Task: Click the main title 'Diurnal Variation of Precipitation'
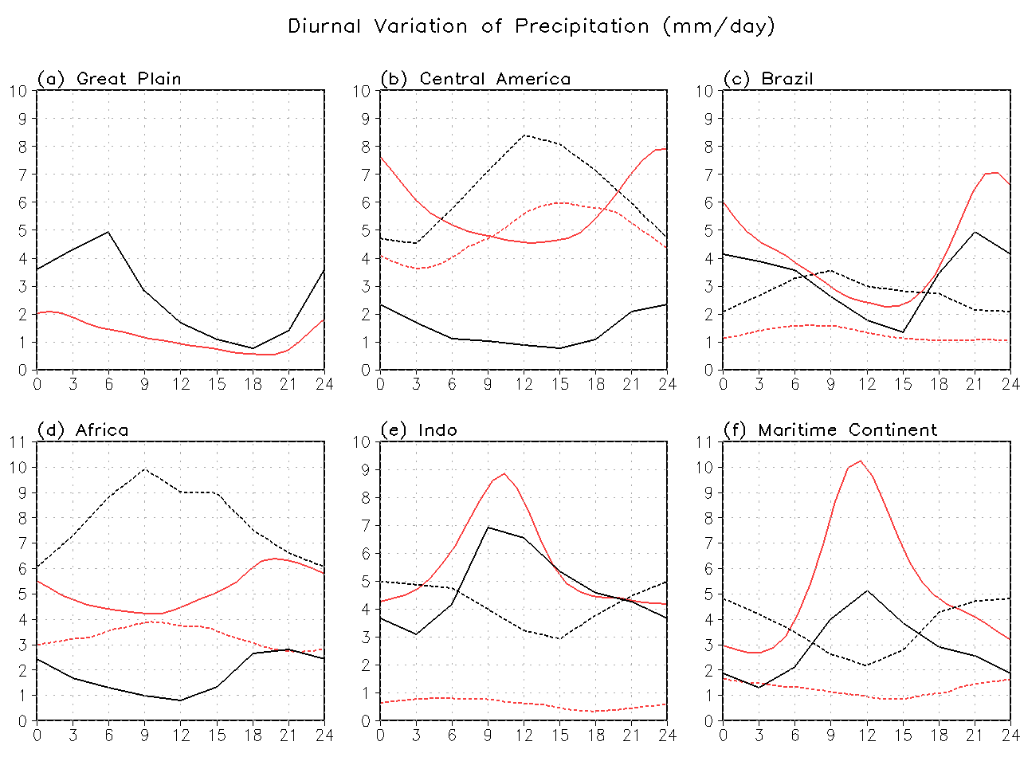[x=531, y=26]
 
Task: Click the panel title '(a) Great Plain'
[x=109, y=79]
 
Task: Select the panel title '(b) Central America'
[x=475, y=79]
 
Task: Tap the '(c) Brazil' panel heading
[x=767, y=79]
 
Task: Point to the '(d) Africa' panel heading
[x=83, y=430]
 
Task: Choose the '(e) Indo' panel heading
[x=418, y=430]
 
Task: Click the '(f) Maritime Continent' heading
[x=830, y=430]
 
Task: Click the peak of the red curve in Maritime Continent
[x=860, y=461]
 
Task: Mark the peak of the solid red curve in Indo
[x=504, y=473]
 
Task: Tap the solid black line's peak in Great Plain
[x=108, y=232]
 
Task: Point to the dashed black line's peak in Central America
[x=524, y=135]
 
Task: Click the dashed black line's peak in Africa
[x=144, y=469]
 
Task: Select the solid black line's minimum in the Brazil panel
[x=902, y=332]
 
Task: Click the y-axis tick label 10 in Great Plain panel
[x=19, y=91]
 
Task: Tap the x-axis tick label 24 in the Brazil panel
[x=1010, y=384]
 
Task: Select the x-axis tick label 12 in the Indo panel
[x=524, y=736]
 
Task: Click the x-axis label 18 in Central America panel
[x=595, y=384]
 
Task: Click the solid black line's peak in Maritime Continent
[x=867, y=590]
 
